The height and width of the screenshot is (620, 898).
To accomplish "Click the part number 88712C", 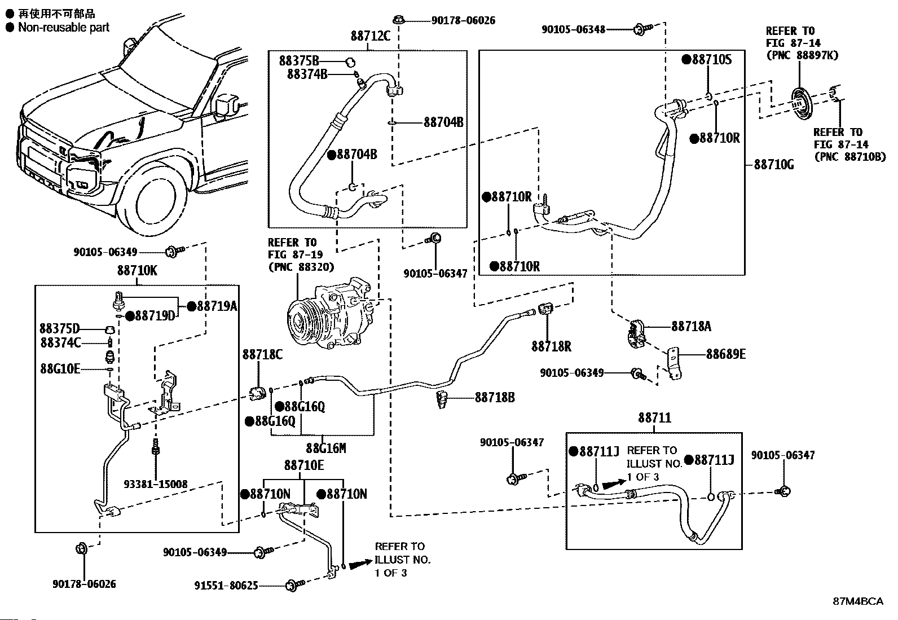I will [x=370, y=36].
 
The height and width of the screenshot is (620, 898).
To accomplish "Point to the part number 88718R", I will [x=551, y=346].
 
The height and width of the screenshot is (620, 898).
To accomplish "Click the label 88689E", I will [x=725, y=354].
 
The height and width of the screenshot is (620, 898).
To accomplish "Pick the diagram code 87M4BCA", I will [x=858, y=601].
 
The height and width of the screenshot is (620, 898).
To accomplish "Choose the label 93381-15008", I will [x=156, y=484].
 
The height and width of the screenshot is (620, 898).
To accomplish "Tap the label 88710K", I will [x=137, y=271].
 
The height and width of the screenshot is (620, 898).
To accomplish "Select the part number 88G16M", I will [x=325, y=448].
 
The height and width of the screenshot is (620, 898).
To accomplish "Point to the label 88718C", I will [x=262, y=354].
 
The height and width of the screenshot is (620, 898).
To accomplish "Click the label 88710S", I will [x=712, y=59].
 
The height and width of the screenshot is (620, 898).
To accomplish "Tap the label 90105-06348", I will [x=573, y=29].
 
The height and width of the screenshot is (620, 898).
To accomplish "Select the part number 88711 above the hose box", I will [x=654, y=418].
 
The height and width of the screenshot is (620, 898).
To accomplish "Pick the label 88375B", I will [x=299, y=60].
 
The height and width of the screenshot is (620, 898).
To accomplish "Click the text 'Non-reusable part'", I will [x=63, y=27].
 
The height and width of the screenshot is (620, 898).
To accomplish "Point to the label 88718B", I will [x=494, y=398].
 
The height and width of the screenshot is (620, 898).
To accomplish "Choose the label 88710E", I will [x=304, y=466].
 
